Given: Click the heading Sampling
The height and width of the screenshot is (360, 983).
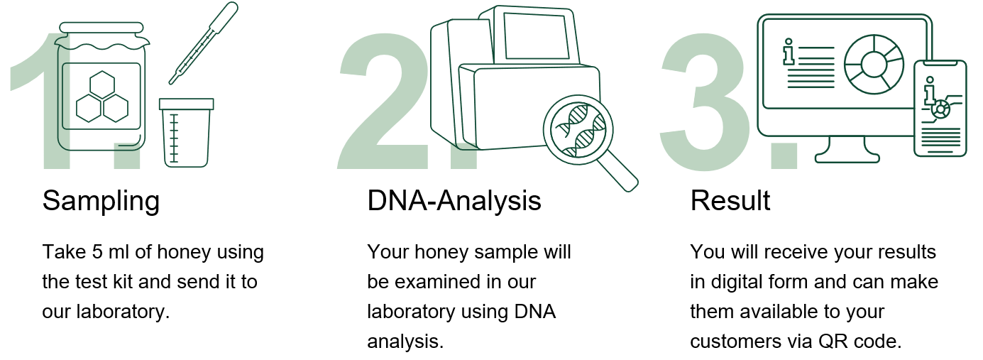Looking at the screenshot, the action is click(101, 201).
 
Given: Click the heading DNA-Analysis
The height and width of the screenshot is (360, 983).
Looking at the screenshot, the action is click(454, 201).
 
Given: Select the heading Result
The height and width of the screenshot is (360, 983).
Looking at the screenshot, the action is click(730, 201).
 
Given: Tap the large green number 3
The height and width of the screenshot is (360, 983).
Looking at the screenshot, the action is click(704, 101).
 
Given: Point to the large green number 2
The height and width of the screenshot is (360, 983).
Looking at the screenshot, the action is click(383, 101).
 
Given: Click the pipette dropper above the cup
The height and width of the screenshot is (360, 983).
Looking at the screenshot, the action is click(204, 43).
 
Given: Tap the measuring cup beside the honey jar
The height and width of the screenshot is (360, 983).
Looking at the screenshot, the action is click(187, 133).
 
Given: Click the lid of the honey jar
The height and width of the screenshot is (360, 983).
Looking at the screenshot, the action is click(101, 28).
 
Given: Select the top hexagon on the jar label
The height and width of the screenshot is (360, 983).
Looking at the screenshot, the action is click(102, 84).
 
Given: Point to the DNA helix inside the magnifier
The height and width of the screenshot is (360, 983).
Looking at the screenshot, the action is click(579, 130).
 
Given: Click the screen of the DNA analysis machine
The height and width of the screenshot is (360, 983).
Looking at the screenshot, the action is click(537, 36).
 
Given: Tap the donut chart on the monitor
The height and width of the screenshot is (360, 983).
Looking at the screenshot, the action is click(874, 64).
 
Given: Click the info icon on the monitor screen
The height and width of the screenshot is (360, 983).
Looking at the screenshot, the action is click(789, 52).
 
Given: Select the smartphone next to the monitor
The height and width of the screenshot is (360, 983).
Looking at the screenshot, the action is click(940, 109).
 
